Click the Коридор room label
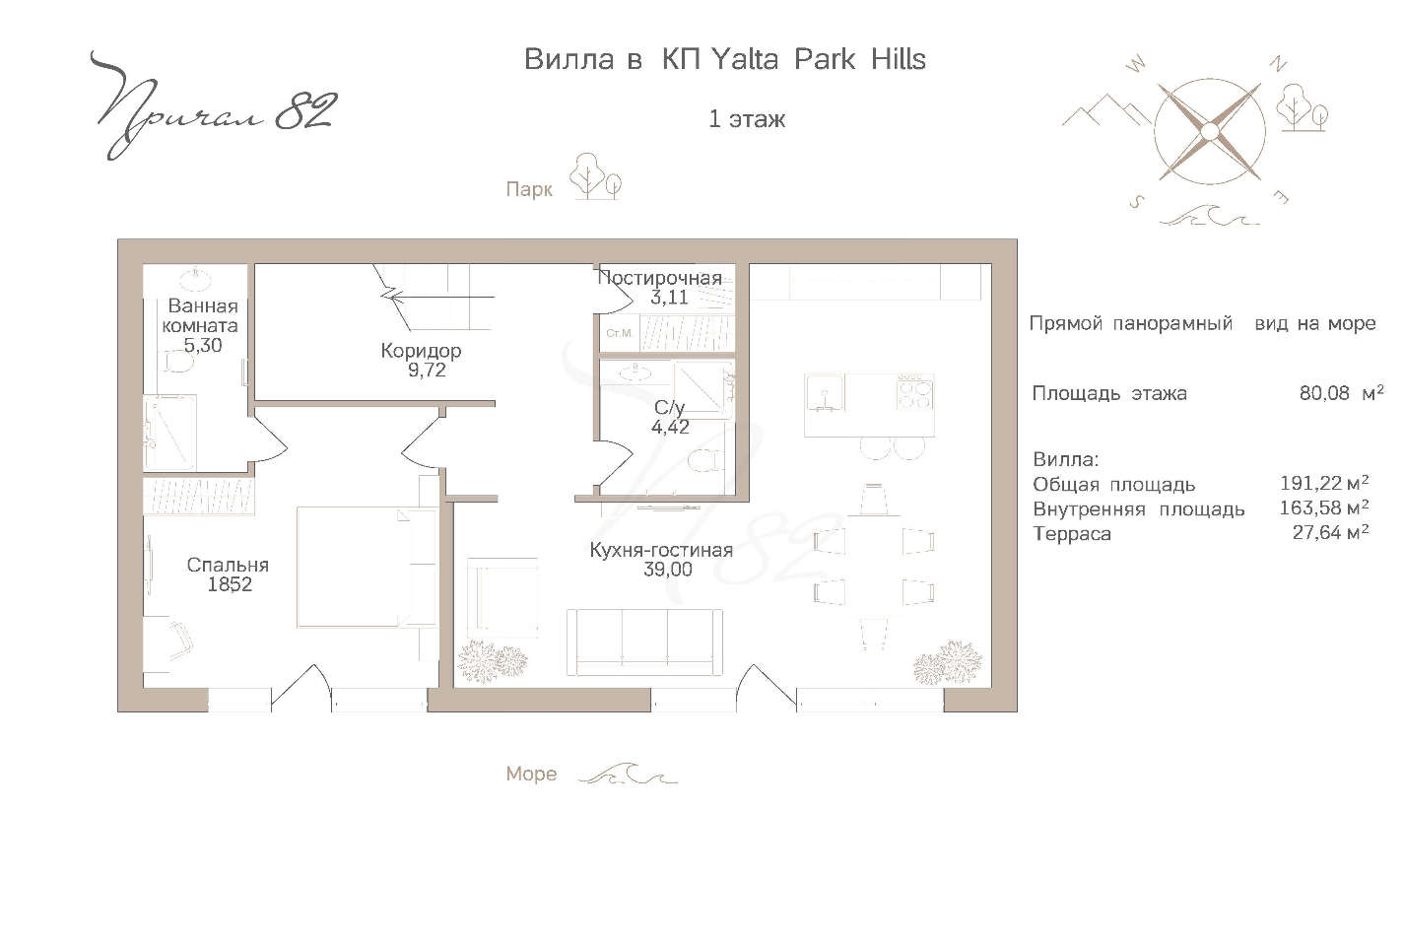[x=421, y=351]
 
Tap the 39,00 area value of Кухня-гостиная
[x=668, y=570]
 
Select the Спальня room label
[x=228, y=565]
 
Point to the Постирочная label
[x=660, y=278]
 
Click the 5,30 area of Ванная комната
[x=202, y=346]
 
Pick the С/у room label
[x=669, y=408]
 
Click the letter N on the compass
[x=1278, y=64]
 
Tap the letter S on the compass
[x=1136, y=202]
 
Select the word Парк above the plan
[x=529, y=189]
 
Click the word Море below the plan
[x=531, y=775]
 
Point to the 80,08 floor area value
[x=1324, y=393]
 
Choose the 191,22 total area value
[x=1311, y=483]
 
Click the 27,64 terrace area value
[x=1317, y=533]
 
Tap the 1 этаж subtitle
[x=747, y=119]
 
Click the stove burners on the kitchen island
[x=915, y=392]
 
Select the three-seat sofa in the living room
[x=644, y=642]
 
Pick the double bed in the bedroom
[x=367, y=568]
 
